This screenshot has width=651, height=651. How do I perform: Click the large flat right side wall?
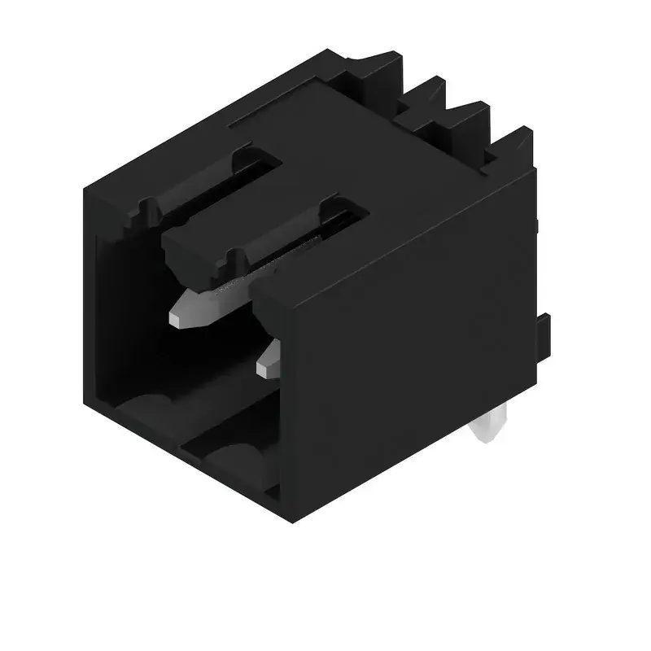415,342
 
